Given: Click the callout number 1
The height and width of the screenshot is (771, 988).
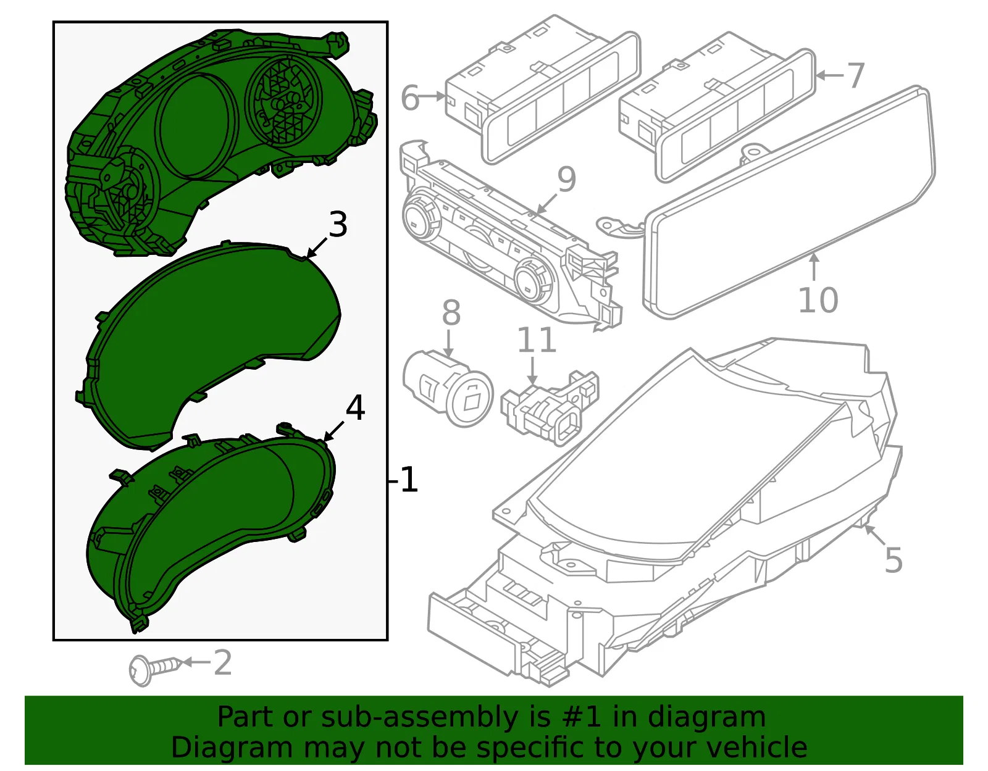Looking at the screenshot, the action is pos(409,480).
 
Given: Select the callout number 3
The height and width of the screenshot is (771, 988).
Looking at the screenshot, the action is pos(338,224).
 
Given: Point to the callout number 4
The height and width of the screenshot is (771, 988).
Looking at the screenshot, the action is pos(355,408).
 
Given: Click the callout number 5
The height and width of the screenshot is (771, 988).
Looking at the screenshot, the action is pos(894,560).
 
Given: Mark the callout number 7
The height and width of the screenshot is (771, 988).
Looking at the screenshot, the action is pos(856,75).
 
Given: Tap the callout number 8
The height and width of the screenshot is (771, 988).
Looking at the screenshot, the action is pos(451,312).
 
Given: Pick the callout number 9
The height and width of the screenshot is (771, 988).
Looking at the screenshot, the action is pos(566,180).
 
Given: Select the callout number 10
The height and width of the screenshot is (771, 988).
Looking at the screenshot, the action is pos(818,300).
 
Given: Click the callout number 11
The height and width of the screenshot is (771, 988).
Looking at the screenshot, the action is pos(537,340).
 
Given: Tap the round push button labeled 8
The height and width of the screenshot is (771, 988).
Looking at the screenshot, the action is pos(447,388).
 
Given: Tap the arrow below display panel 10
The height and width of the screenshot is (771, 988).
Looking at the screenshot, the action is pos(814,267).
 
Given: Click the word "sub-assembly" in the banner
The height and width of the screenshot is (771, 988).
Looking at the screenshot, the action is pos(419,717).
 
